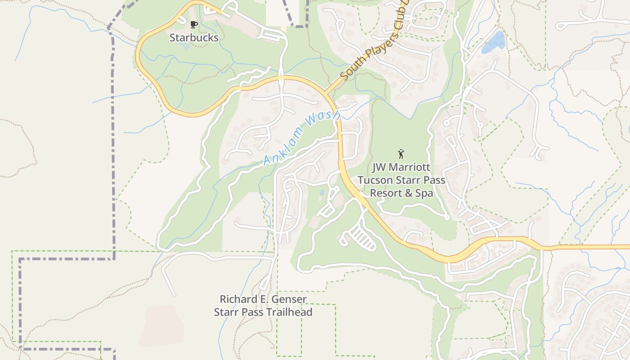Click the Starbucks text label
[x=194, y=38]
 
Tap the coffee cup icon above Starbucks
[x=193, y=24]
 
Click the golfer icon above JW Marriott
[x=401, y=154]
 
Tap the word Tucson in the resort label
[x=376, y=180]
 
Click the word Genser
[x=289, y=299]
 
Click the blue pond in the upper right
[x=494, y=42]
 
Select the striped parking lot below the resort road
[x=363, y=238]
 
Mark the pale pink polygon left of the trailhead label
[x=161, y=326]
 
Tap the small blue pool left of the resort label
[x=322, y=193]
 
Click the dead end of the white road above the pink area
[x=174, y=295]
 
